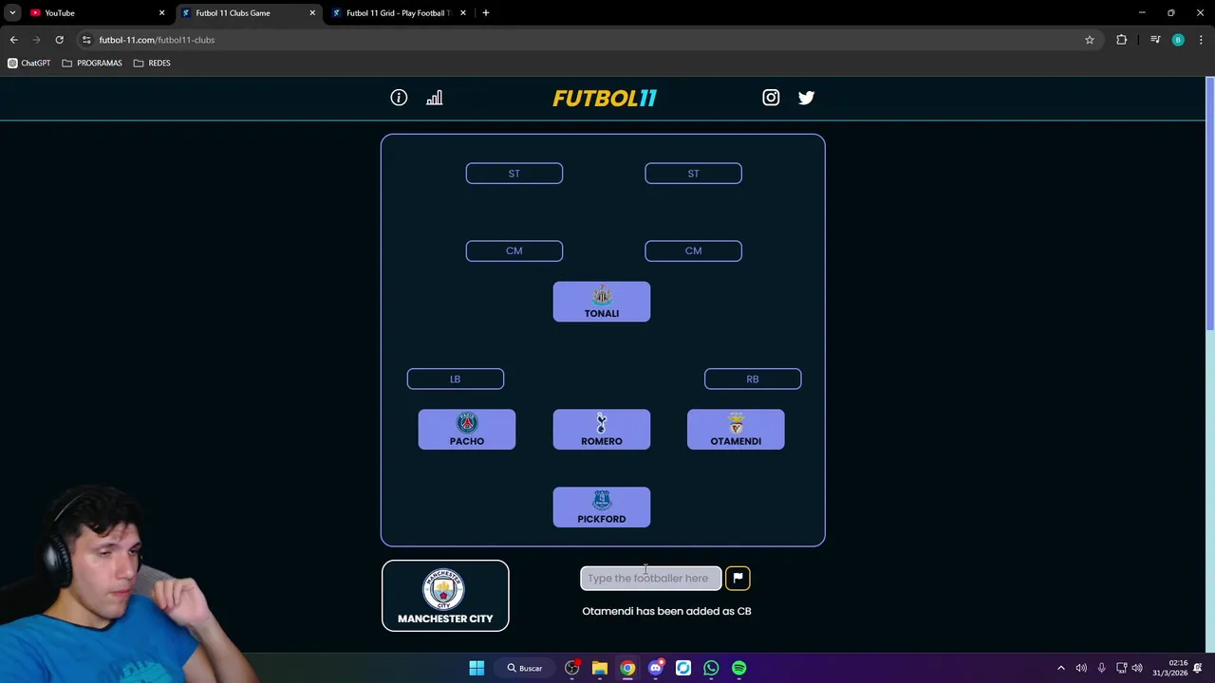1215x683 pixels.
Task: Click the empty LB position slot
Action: click(x=456, y=379)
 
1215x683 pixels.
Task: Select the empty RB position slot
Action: click(x=753, y=379)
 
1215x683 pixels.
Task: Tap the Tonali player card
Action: click(x=602, y=302)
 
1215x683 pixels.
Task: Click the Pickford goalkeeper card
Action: click(x=602, y=508)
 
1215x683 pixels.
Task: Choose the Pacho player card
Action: click(x=467, y=430)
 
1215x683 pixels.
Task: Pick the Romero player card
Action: click(x=602, y=430)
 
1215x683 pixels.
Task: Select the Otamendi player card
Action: click(x=736, y=430)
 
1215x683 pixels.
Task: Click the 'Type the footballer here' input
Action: click(x=650, y=578)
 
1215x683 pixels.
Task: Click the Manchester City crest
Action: click(x=444, y=589)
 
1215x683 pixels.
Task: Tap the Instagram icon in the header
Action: click(x=771, y=98)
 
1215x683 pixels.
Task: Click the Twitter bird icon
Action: click(x=806, y=98)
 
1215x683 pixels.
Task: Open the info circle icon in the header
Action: click(x=399, y=98)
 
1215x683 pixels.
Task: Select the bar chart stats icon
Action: click(x=434, y=98)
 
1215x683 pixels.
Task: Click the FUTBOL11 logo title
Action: click(x=605, y=98)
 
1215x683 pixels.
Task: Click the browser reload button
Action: click(x=59, y=40)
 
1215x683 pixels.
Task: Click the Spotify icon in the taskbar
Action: click(x=738, y=668)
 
